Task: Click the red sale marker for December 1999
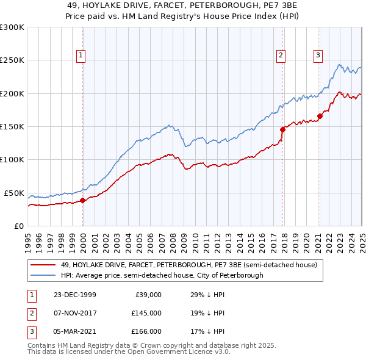(83, 200)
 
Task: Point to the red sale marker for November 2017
(282, 129)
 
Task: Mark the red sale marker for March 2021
(320, 116)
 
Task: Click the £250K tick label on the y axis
(12, 60)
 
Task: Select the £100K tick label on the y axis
(12, 159)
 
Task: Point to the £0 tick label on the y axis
(18, 226)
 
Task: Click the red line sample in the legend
(44, 265)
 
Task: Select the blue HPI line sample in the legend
(44, 275)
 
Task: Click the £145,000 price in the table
(146, 313)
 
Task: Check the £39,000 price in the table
(148, 295)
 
